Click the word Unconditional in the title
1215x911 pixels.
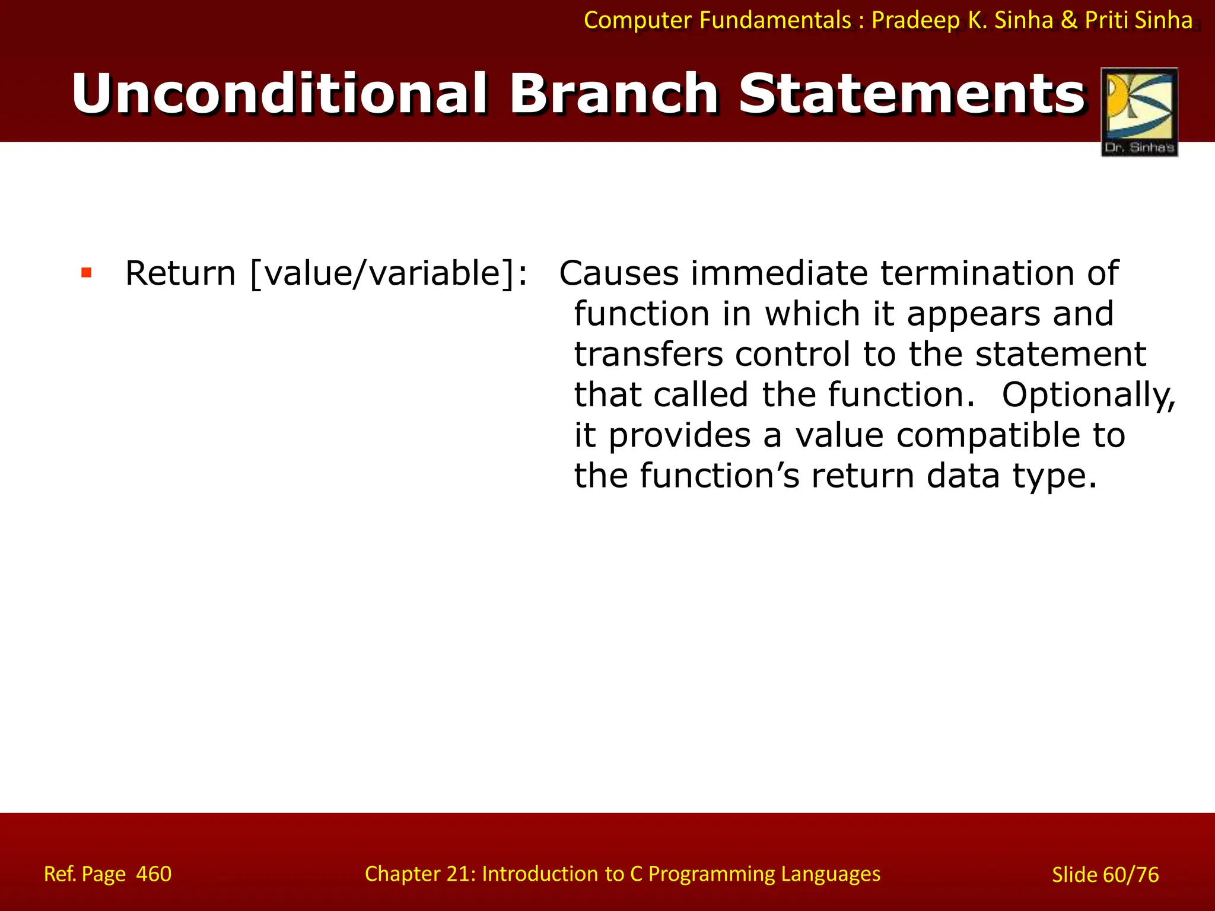[279, 94]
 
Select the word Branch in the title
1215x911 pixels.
[614, 94]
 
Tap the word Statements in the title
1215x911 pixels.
[912, 94]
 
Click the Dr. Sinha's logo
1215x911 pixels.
[1139, 112]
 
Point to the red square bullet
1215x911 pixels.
[87, 273]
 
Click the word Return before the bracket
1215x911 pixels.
[180, 273]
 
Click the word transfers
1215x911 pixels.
[648, 354]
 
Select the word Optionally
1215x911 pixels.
[1088, 395]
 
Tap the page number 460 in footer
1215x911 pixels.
[154, 874]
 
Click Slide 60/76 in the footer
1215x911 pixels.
[1105, 875]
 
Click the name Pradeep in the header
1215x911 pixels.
[915, 21]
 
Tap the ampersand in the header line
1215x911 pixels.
[1068, 21]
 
